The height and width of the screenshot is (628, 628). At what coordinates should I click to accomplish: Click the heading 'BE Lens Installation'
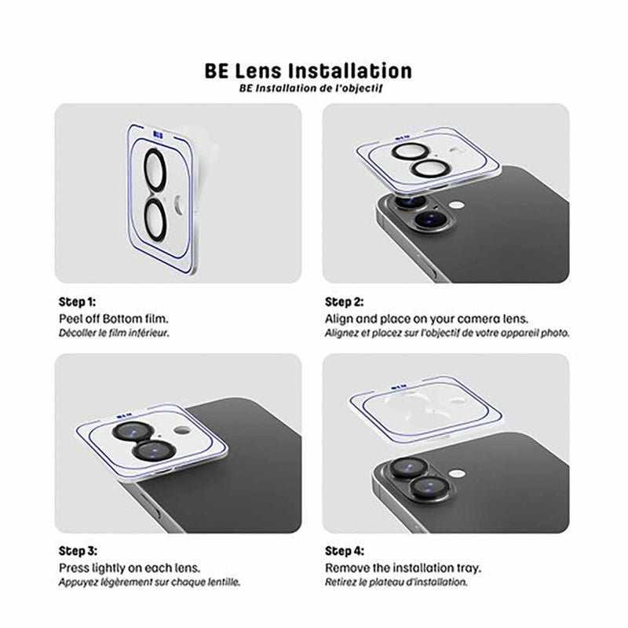(313, 71)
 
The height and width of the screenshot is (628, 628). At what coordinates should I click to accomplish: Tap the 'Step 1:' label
(78, 301)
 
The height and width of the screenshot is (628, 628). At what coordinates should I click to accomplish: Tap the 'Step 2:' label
(345, 301)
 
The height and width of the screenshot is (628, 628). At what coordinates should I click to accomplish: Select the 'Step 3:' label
(78, 551)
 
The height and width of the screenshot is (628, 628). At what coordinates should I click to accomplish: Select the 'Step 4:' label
(345, 551)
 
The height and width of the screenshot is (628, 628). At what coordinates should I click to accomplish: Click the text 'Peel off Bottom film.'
(115, 319)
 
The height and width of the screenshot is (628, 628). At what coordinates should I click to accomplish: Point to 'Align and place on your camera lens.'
(427, 319)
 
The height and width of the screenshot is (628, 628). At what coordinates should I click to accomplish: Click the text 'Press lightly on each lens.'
(128, 568)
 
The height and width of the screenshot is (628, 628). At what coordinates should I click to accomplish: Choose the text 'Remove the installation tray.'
(403, 568)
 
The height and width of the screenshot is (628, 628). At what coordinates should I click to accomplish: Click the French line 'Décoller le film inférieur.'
(115, 332)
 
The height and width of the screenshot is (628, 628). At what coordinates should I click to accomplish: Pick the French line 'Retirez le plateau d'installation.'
(396, 582)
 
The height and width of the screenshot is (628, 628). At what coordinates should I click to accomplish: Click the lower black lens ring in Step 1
(156, 217)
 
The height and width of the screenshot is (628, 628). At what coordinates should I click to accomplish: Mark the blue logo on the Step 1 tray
(159, 133)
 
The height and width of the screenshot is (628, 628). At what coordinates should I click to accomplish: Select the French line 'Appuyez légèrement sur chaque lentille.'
(150, 582)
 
